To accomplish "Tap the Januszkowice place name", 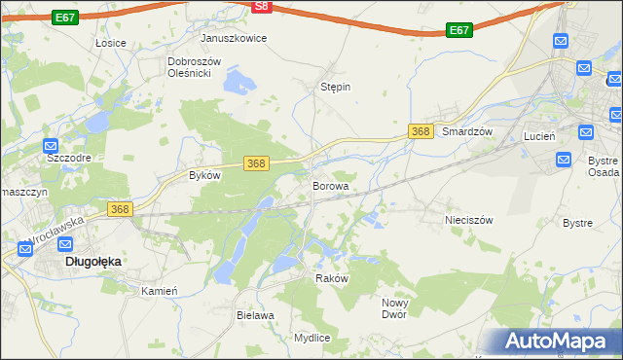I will (234, 38).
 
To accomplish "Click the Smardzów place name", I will (469, 131).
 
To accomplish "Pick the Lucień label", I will (539, 136).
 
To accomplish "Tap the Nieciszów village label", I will (469, 220).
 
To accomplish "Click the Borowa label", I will (330, 184).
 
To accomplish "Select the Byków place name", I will (204, 176).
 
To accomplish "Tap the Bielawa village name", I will (255, 315).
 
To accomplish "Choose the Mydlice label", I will (311, 338).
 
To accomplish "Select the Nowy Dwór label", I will (393, 308).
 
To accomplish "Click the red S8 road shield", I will (261, 6).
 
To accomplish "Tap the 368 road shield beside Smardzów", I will (421, 131).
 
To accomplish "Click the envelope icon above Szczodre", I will (55, 138).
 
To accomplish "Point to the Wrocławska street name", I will (55, 231).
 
